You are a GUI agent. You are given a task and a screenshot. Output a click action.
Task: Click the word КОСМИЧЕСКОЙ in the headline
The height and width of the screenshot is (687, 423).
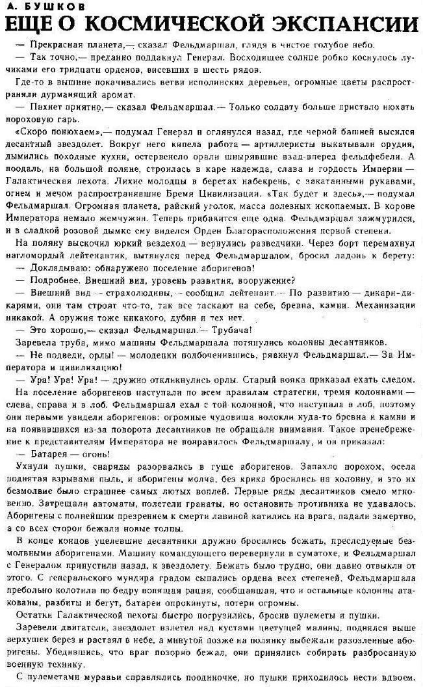(x=185, y=25)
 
